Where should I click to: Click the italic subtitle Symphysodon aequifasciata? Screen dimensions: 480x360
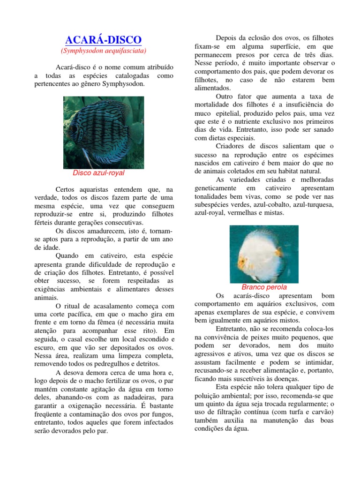[104, 50]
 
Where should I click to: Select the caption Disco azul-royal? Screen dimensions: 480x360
[99, 172]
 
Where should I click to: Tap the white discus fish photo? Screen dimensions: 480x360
[264, 253]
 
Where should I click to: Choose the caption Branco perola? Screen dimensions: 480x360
[264, 287]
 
